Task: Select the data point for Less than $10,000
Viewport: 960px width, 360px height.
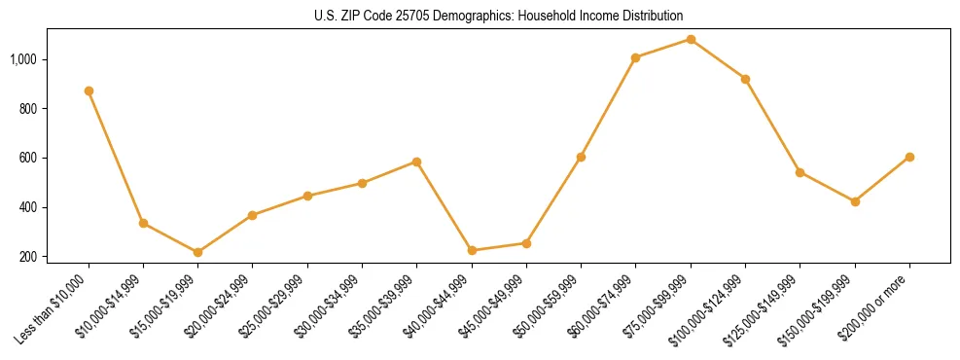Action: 89,90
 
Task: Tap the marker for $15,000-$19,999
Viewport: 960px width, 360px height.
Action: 198,252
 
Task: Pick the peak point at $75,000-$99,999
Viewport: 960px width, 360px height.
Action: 691,39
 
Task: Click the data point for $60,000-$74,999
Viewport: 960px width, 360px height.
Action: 636,57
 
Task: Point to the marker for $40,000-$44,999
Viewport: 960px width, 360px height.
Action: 472,250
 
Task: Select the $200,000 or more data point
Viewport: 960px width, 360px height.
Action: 909,157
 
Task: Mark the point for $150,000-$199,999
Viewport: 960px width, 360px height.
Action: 855,201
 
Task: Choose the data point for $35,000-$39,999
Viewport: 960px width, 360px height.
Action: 417,162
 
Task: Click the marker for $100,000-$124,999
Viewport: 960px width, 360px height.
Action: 745,79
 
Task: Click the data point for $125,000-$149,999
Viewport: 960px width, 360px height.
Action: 800,172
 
